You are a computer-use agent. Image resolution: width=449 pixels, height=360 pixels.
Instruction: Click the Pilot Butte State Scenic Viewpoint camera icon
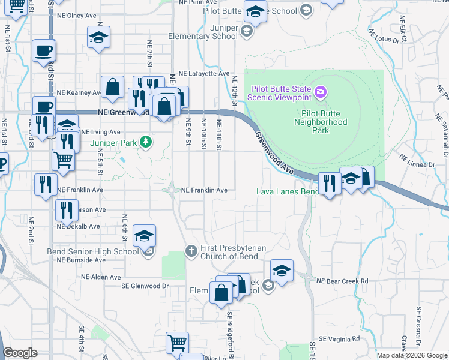click(x=321, y=91)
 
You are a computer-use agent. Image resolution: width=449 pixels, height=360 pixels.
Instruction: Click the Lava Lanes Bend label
click(x=287, y=192)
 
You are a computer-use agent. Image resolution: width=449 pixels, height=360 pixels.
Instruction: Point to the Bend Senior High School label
click(x=92, y=251)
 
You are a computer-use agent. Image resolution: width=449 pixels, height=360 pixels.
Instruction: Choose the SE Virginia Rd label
click(x=342, y=339)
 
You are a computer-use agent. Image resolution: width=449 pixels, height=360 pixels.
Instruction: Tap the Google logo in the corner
click(x=20, y=353)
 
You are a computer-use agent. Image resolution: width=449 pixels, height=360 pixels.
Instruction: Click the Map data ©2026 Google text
click(x=411, y=355)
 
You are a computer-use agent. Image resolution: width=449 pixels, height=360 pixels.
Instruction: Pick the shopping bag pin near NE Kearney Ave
click(x=112, y=88)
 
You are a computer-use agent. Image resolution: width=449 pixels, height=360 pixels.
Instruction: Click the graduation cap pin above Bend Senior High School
click(x=144, y=236)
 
